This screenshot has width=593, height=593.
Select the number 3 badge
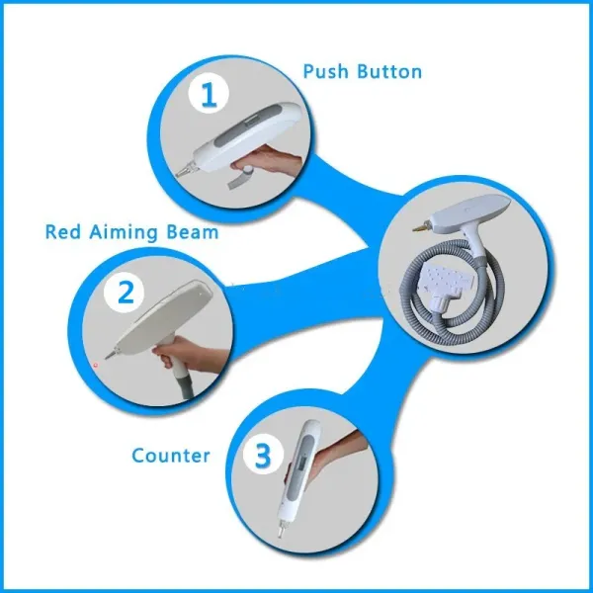coord(262,455)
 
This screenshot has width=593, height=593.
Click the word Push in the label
coord(328,72)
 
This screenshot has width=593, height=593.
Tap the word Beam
coord(193,233)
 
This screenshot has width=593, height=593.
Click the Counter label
coord(171,456)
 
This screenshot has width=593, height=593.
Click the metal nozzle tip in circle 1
coord(185,172)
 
